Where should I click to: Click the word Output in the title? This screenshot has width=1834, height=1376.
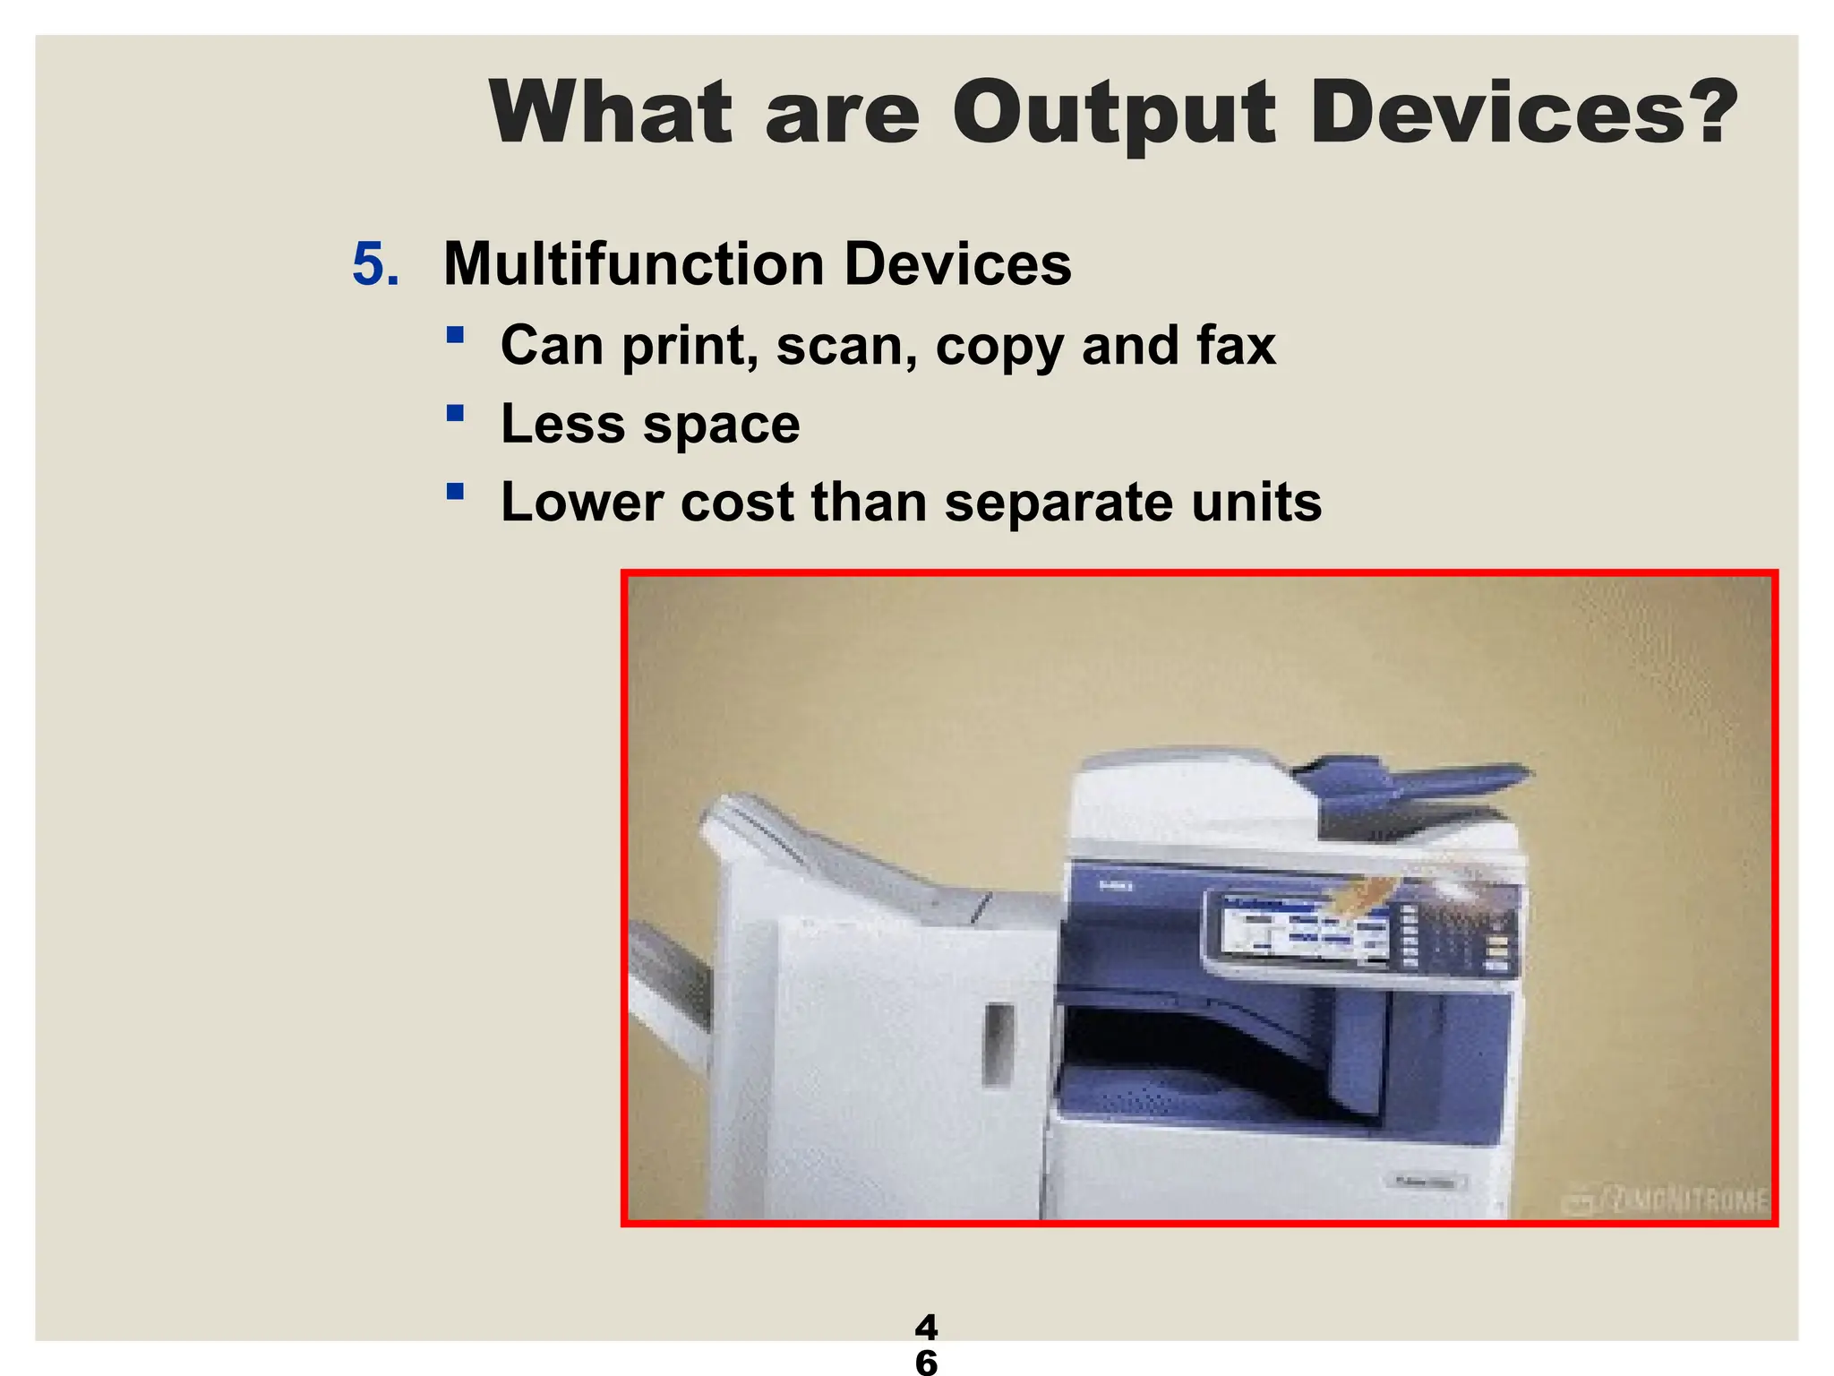click(x=1113, y=114)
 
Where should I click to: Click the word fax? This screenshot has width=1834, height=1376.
click(x=1236, y=345)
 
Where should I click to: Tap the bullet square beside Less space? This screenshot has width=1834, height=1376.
click(x=456, y=413)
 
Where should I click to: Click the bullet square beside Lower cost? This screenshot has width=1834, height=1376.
click(x=456, y=491)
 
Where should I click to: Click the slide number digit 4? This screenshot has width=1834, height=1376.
click(x=926, y=1326)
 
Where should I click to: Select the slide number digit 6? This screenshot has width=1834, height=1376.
click(x=926, y=1362)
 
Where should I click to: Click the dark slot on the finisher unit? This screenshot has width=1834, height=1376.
click(x=998, y=1043)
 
